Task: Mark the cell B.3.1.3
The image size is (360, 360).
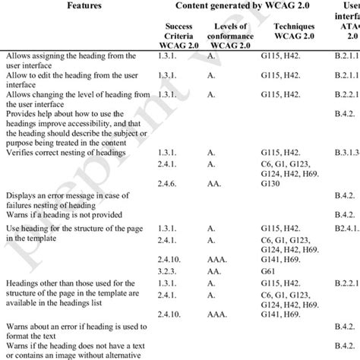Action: tap(344, 131)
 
